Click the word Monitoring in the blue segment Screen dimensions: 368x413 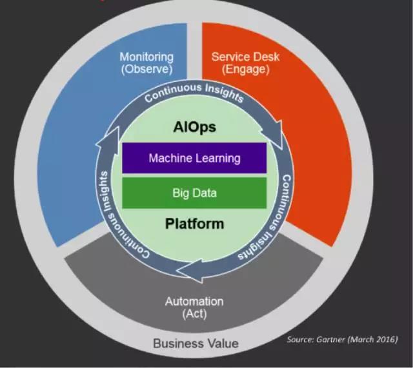point(146,57)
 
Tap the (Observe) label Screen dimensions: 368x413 point(146,69)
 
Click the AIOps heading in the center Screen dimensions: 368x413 point(194,127)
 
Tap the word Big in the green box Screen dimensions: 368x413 point(181,193)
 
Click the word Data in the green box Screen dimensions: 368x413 point(205,193)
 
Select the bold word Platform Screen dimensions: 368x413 point(194,224)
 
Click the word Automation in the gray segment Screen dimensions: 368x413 point(194,301)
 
